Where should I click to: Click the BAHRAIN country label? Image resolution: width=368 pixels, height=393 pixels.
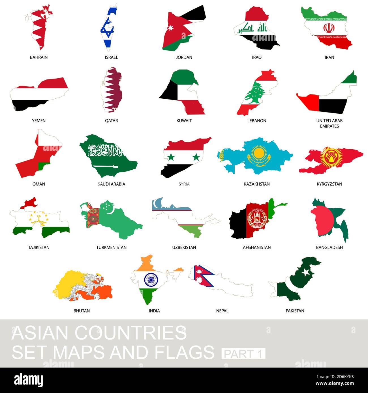coord(39,57)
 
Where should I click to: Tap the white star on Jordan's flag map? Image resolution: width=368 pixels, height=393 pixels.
coord(171,28)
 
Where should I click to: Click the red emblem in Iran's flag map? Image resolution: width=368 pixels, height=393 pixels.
coord(329,28)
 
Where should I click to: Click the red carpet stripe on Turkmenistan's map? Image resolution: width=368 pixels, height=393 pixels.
coord(93,218)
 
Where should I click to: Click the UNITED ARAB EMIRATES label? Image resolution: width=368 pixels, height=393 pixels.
coord(329,123)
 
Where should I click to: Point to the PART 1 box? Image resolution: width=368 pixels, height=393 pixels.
coord(243,354)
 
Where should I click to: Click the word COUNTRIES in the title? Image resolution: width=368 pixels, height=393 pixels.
coord(130,333)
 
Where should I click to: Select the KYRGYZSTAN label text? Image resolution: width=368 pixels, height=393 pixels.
coord(329,184)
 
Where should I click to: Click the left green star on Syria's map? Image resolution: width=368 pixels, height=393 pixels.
coord(171,157)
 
